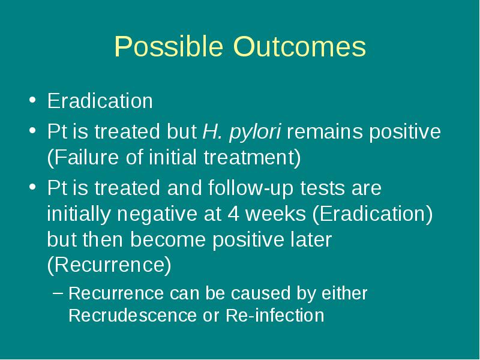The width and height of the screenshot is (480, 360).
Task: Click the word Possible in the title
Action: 169,47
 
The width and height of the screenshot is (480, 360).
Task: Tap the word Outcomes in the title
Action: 299,47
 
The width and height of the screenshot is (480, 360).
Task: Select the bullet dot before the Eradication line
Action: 32,100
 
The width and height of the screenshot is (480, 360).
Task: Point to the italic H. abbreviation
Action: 212,131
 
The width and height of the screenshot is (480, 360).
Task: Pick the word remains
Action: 325,131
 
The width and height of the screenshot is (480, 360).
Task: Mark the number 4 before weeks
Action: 233,214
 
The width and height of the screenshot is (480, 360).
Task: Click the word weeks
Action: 276,214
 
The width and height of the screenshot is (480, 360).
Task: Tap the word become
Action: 168,239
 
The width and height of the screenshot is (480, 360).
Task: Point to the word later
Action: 311,239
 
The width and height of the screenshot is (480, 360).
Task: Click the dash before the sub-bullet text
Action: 58,293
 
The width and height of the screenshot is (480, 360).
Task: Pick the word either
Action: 344,293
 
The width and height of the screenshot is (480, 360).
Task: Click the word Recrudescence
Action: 133,316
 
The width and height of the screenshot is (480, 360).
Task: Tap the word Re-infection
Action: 275,316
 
